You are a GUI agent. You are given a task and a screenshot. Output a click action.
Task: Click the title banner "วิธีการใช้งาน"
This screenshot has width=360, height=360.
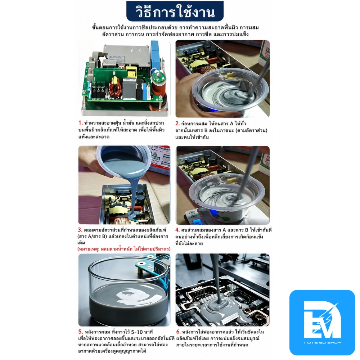175,12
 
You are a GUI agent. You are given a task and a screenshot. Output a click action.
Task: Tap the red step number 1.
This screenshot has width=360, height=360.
80,123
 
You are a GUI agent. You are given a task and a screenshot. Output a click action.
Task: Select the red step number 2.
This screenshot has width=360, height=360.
177,123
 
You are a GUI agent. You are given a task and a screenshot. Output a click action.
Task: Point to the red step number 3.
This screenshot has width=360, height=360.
80,230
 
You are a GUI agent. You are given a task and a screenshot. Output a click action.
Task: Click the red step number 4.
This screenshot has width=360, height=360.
177,230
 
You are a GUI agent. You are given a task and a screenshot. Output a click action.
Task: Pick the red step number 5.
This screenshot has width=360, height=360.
80,332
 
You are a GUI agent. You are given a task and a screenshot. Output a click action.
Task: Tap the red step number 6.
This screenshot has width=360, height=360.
179,332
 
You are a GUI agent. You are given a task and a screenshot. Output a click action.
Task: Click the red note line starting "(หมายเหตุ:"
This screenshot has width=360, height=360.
124,249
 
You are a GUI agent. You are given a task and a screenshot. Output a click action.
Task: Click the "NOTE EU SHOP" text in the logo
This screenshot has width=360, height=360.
322,343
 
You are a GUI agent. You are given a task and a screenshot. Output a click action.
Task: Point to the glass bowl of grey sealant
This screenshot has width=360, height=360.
124,292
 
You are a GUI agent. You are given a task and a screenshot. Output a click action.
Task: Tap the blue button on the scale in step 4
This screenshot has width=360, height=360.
196,222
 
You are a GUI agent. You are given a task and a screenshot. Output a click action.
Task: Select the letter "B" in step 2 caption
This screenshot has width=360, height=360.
206,130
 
